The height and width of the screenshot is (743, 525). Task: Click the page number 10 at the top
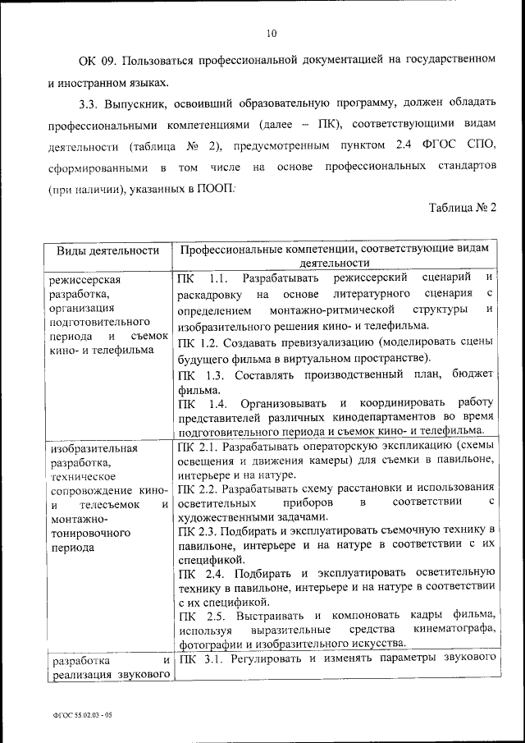pos(272,34)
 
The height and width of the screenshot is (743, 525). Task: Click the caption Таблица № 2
pos(463,207)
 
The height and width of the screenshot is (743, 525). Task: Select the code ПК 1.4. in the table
pos(201,404)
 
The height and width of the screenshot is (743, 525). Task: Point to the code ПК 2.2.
pos(197,488)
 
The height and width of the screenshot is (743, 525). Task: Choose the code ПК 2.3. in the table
pos(197,531)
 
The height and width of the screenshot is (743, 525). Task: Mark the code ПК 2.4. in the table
pos(200,571)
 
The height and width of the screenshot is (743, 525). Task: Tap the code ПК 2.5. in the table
pos(201,615)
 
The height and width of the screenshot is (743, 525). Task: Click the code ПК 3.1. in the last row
pos(200,659)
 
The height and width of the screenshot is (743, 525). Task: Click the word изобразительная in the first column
pos(94,449)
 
